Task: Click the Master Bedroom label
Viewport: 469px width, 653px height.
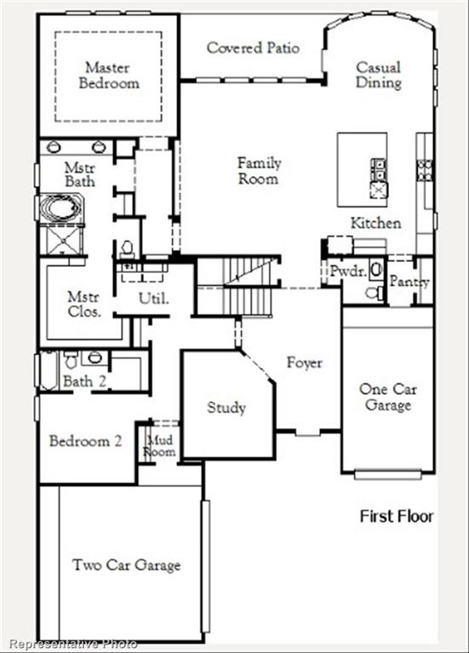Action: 109,75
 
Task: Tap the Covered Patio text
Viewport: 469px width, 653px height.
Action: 253,48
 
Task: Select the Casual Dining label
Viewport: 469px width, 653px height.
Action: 379,75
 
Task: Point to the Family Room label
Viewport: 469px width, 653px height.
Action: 259,170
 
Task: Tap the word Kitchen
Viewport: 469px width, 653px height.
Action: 375,223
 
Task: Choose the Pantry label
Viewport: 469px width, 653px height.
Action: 409,281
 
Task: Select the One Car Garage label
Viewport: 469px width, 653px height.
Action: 387,397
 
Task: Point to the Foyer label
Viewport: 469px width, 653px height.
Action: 304,363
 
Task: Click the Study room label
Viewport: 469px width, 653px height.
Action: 226,407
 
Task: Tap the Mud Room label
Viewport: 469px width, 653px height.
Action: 160,446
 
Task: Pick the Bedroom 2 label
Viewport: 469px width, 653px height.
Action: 85,441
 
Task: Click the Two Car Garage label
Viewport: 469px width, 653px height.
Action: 126,565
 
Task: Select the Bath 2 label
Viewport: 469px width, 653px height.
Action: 84,382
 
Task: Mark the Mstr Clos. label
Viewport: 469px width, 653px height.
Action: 84,304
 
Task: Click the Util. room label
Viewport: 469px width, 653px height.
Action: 154,298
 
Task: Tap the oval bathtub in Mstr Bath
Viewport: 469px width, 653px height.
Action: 60,209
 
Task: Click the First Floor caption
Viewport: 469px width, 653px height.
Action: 396,516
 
